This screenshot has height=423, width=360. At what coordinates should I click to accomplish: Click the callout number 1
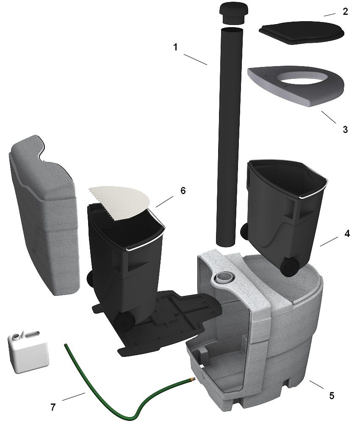coord(175,47)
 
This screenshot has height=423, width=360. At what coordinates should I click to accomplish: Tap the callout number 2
coord(345,11)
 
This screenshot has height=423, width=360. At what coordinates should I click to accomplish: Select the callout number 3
coord(345,130)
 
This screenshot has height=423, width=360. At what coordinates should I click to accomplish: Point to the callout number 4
coord(347,234)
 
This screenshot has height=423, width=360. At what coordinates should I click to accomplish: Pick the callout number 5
coord(332,395)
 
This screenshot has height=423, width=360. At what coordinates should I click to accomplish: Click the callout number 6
coord(183,191)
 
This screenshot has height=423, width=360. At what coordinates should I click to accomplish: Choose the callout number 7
coord(53,407)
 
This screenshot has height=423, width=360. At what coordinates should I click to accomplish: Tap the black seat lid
coord(302,33)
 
